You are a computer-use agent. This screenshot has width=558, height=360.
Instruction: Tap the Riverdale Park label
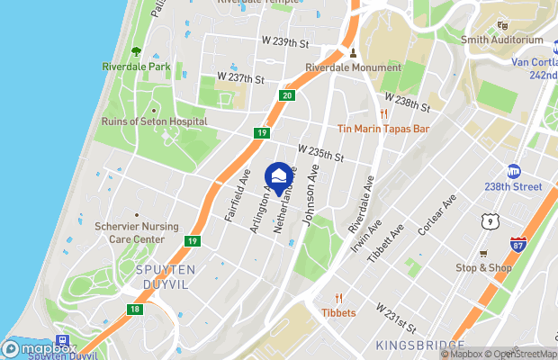pos(136,67)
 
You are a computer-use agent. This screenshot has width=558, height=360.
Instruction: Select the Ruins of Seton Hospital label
pos(155,121)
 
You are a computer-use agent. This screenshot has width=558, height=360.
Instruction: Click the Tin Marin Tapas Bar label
pos(383,129)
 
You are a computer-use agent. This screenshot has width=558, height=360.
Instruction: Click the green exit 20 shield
pos(287,94)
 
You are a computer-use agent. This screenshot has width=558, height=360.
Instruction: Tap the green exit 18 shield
pos(134,309)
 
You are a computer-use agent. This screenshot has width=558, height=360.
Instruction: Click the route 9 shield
pos(488,220)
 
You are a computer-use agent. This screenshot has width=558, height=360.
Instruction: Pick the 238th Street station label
pos(514,187)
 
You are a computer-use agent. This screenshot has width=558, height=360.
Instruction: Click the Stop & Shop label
pos(483,267)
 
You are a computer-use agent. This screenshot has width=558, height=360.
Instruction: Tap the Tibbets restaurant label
pos(338,312)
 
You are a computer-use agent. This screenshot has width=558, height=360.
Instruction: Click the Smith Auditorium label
pos(502,40)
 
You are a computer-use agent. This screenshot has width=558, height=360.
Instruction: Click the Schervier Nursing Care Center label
pos(136,233)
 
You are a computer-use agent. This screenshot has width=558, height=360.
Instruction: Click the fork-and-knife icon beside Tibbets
pos(338,299)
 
